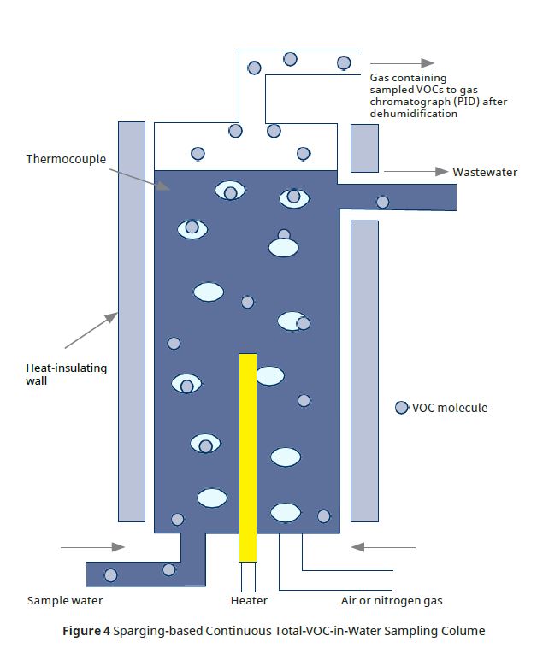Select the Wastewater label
tap(485, 172)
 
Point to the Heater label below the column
tap(249, 600)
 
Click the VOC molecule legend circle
tap(401, 408)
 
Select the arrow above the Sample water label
tap(105, 547)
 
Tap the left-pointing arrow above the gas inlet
tap(383, 547)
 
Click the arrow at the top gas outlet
tap(402, 62)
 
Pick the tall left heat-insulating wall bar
tap(131, 321)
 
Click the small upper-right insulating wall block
tap(364, 147)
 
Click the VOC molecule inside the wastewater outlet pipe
tap(382, 202)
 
